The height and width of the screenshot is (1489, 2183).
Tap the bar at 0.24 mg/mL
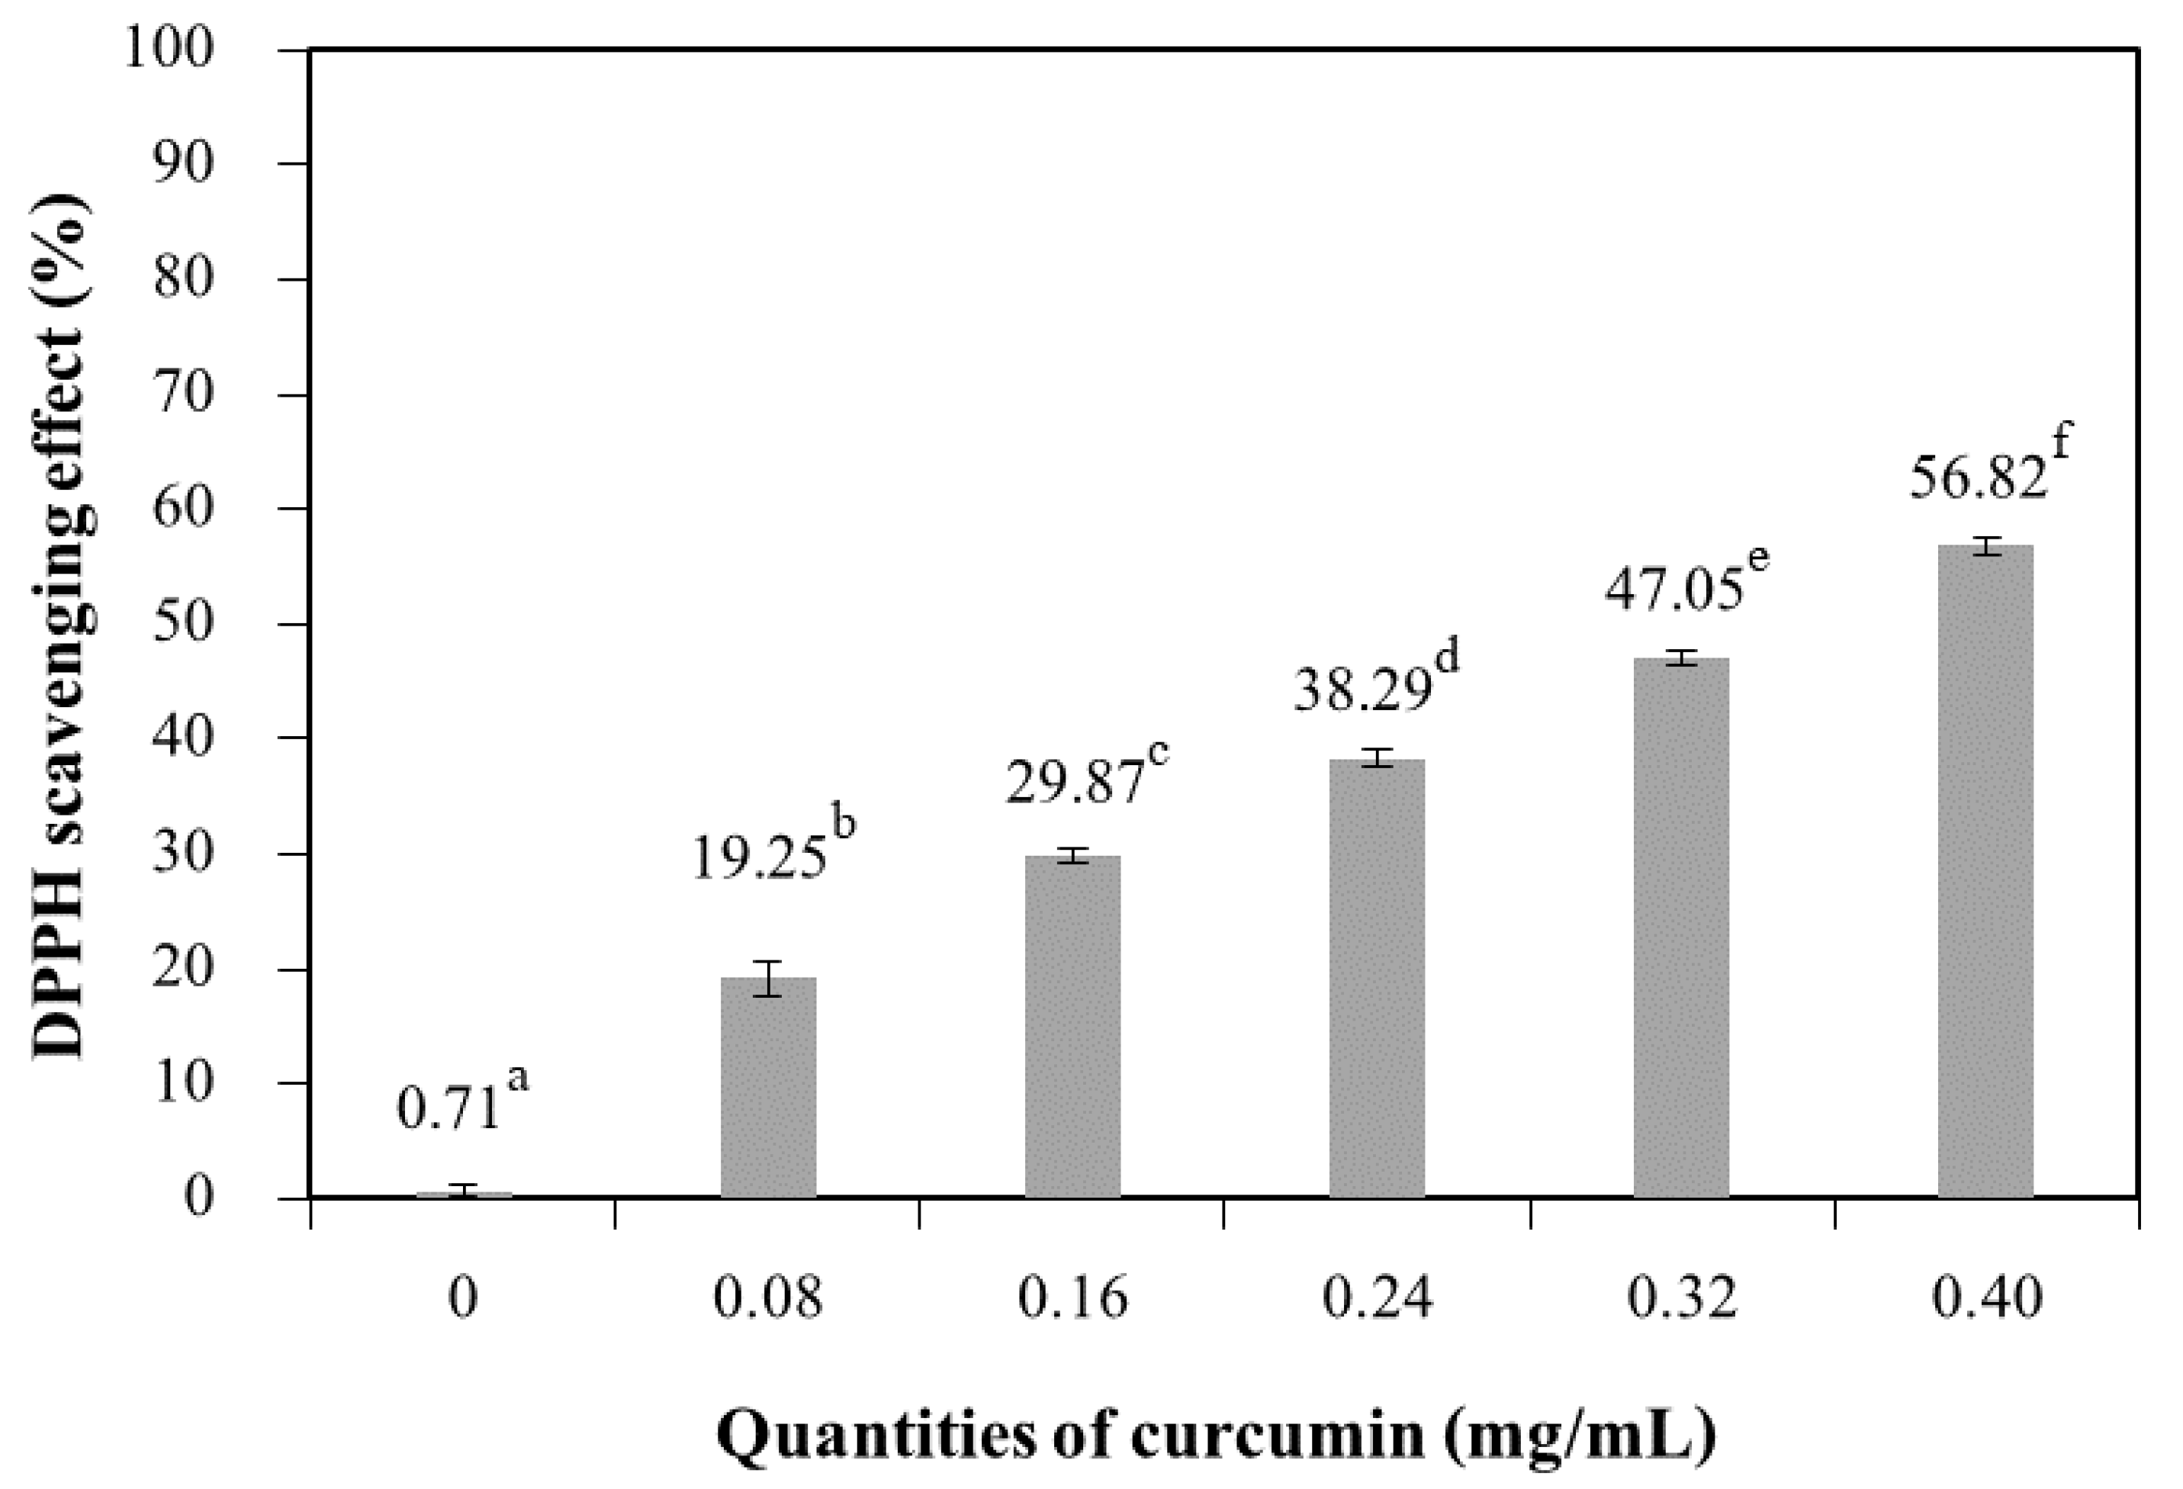1377,978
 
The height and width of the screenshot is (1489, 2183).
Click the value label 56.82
1976,479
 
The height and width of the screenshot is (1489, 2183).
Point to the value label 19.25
759,859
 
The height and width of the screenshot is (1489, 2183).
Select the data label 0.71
448,1109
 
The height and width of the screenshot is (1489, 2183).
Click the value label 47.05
1673,592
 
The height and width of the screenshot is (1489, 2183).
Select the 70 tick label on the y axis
183,394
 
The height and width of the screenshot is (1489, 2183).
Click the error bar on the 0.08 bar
768,978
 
